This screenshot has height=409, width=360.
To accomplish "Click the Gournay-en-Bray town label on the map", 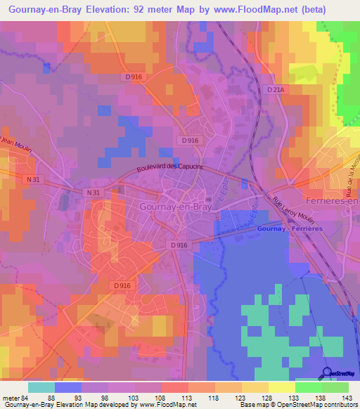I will click(x=160, y=208).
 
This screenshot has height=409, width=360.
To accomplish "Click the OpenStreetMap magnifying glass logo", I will click(x=328, y=373).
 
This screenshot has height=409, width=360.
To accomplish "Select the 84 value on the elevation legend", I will click(x=27, y=397).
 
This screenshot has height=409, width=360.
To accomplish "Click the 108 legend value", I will click(x=162, y=397).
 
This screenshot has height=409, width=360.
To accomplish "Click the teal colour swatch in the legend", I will click(x=41, y=387).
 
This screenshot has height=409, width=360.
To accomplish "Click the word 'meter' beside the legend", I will click(x=11, y=397).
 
